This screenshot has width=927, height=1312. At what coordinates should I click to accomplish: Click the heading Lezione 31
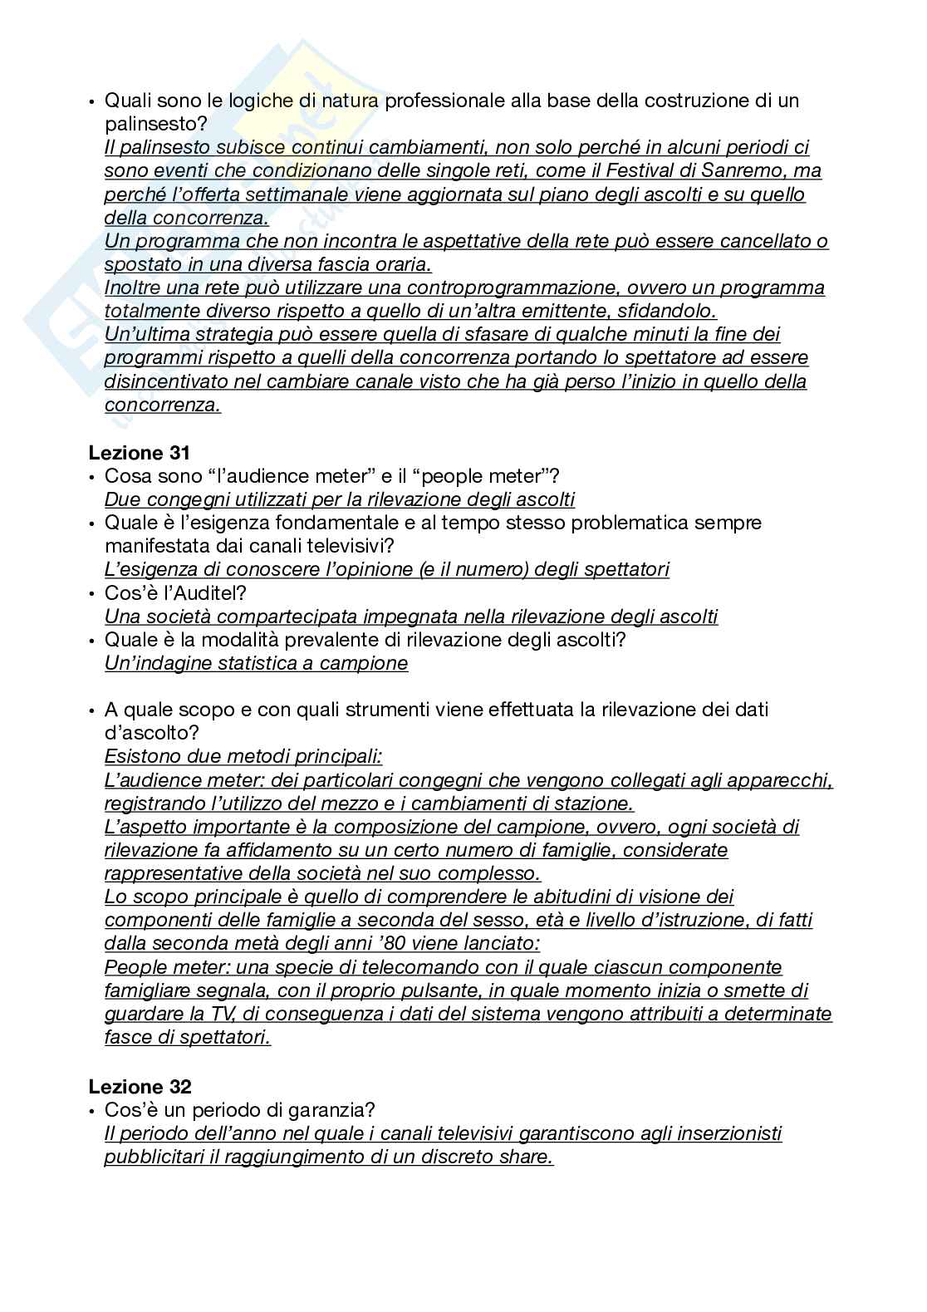tap(139, 453)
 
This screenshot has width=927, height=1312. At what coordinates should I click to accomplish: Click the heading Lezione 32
tap(140, 1087)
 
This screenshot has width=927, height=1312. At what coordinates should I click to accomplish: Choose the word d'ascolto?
tap(152, 733)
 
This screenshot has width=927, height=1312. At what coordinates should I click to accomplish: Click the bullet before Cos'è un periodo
tap(91, 1111)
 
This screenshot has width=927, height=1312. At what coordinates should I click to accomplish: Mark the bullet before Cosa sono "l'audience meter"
tap(91, 477)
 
